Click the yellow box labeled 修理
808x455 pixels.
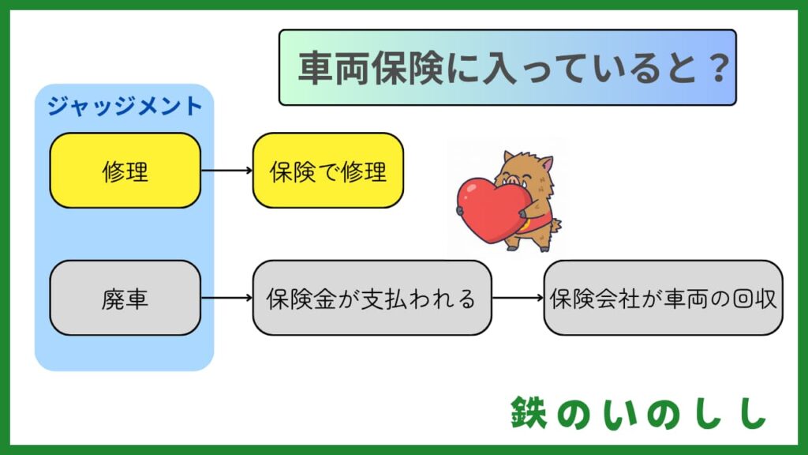(x=125, y=171)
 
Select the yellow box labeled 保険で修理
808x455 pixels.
(x=327, y=171)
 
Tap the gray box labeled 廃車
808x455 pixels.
(x=125, y=299)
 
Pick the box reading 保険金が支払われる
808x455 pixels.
(x=372, y=299)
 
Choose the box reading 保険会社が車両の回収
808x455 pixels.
(x=663, y=299)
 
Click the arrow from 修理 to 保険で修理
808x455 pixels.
(x=226, y=171)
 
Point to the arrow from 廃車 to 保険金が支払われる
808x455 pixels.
(x=226, y=299)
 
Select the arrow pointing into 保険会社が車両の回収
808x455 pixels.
(x=518, y=299)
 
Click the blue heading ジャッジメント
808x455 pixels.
(x=125, y=106)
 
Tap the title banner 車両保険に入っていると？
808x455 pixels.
(x=507, y=68)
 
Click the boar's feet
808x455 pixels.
(x=527, y=245)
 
